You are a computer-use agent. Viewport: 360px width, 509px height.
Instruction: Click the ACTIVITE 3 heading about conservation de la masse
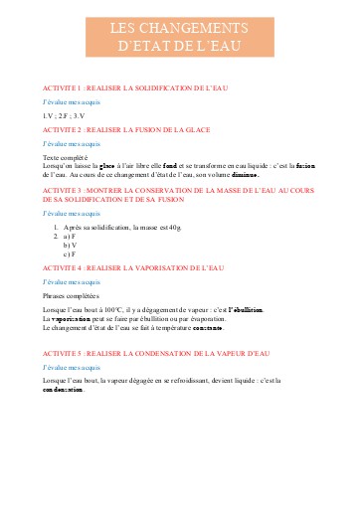click(179, 192)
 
